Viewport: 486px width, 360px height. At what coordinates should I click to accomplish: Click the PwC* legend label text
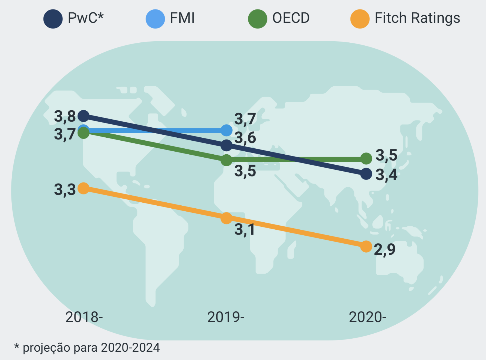[85, 18]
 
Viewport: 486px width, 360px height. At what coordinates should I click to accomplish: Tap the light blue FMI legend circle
[155, 19]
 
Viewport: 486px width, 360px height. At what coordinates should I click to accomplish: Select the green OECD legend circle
[258, 19]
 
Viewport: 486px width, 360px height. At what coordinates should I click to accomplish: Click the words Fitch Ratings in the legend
[417, 18]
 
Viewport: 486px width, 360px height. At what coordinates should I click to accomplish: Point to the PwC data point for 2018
[83, 116]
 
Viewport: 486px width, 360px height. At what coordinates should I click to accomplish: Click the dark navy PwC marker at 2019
[226, 145]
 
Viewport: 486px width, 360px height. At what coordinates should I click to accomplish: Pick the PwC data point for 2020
[366, 174]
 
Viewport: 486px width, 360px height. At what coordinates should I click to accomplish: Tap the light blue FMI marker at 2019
[227, 130]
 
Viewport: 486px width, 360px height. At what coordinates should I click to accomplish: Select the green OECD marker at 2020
[366, 158]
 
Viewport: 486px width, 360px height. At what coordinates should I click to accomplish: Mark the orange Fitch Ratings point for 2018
[83, 188]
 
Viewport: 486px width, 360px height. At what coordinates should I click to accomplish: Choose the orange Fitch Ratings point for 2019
[226, 218]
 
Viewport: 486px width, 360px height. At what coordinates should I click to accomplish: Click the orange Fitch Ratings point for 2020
[366, 246]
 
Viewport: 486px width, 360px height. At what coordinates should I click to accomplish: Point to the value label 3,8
[65, 117]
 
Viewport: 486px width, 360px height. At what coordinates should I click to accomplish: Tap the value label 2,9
[384, 249]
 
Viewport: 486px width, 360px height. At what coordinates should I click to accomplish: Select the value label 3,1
[244, 230]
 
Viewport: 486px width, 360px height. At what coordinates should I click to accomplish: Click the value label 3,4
[386, 175]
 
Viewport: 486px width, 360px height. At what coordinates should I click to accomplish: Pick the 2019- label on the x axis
[226, 317]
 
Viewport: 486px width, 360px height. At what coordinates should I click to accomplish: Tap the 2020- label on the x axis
[367, 317]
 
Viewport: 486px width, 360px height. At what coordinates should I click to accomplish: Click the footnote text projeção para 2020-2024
[91, 348]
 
